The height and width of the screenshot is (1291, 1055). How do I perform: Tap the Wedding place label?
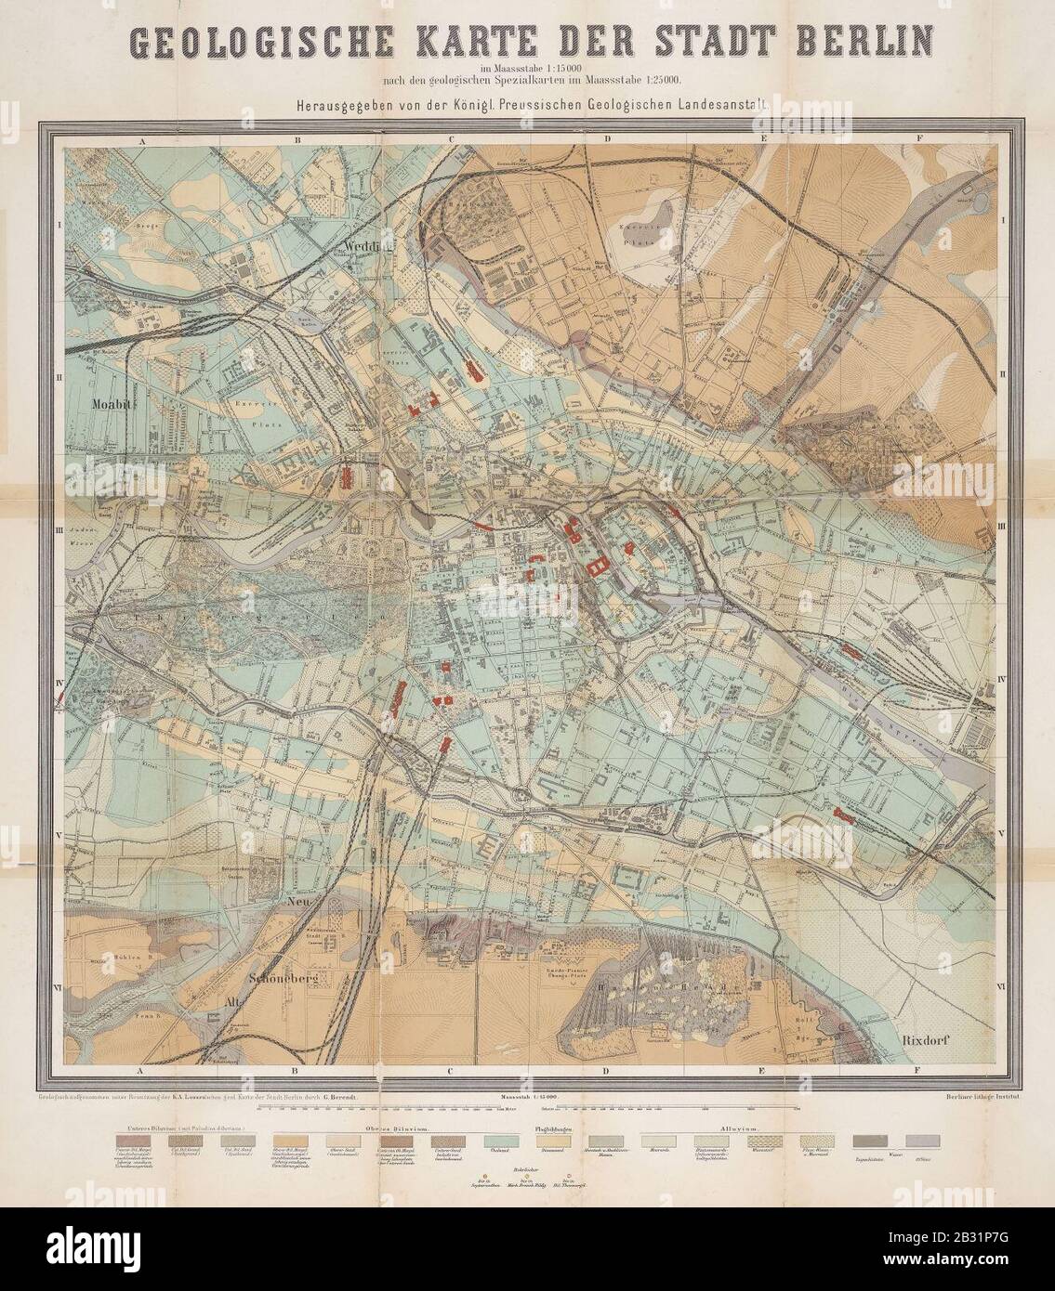pos(363,245)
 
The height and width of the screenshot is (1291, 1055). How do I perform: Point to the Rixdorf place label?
pos(930,1040)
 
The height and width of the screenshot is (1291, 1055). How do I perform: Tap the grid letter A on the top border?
pos(144,140)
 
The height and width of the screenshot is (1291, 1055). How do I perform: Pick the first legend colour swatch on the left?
pos(132,1141)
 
